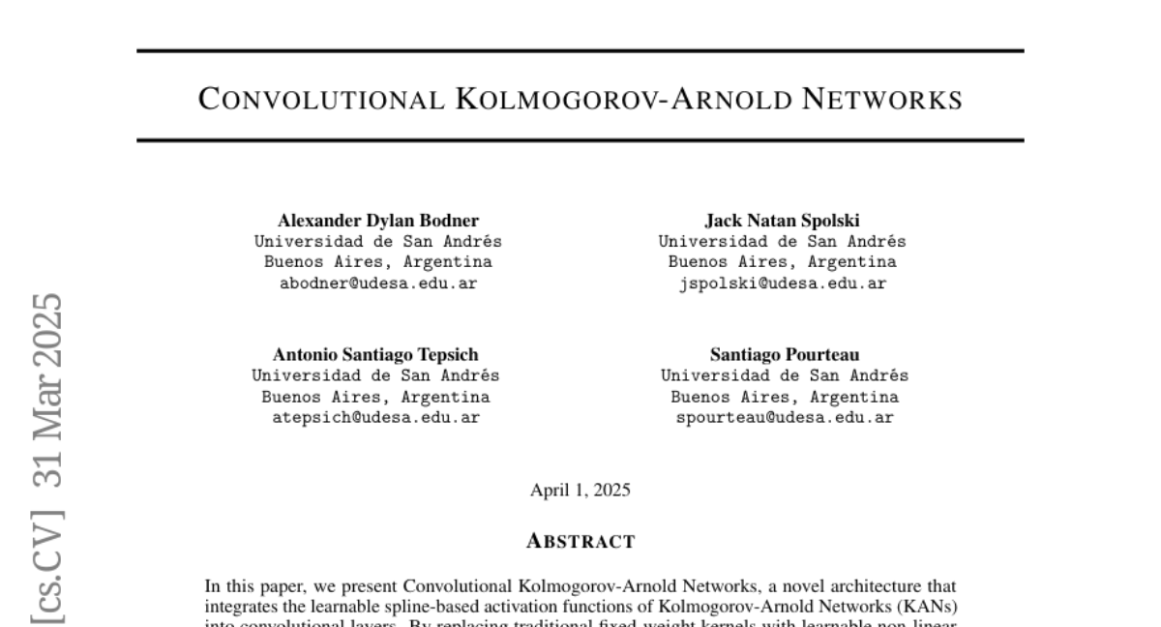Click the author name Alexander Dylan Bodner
[378, 221]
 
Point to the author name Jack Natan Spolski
[782, 221]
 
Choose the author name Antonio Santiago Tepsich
[375, 355]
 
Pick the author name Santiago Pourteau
[785, 355]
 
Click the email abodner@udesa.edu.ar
[378, 284]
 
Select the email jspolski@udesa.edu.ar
[782, 284]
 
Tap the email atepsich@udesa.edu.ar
[375, 418]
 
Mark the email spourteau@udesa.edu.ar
[785, 418]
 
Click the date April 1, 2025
[580, 490]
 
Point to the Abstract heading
[580, 542]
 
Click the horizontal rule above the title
[580, 50]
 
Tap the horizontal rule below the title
[580, 140]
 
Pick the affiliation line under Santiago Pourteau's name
[785, 375]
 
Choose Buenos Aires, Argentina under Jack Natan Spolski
[782, 262]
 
